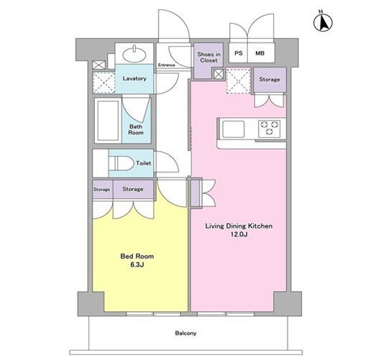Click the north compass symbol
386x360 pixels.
323,22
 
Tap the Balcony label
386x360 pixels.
185,333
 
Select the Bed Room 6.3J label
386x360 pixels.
137,260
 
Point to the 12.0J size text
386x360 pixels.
239,234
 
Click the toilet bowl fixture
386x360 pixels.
120,163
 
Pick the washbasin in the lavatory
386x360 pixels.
134,54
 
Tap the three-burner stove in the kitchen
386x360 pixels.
270,128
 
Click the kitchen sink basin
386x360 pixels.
234,129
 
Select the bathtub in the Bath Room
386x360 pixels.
108,121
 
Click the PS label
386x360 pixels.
239,53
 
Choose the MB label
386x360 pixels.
259,53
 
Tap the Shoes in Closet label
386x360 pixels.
208,57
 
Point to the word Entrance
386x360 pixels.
167,65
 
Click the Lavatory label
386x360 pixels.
134,78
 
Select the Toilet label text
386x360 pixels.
144,163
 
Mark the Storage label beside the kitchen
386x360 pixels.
270,80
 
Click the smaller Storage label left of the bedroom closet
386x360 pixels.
101,190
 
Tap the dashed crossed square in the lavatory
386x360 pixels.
104,83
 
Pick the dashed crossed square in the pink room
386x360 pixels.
239,81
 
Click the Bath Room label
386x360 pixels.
136,129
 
